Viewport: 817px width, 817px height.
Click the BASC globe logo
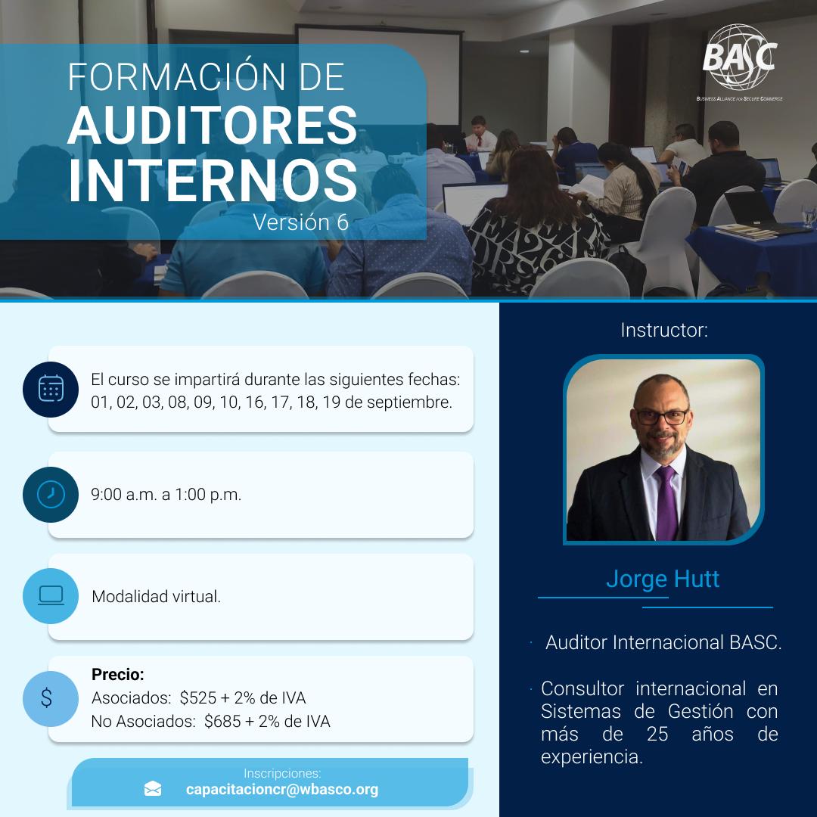tap(740, 57)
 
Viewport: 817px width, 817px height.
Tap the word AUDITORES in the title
tap(213, 126)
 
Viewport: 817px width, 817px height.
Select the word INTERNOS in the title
tap(213, 181)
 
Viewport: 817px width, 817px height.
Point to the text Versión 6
tap(300, 222)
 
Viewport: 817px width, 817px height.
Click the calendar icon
tap(51, 389)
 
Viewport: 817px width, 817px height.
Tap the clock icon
tap(51, 495)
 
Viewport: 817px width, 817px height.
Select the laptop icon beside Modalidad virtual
tap(51, 595)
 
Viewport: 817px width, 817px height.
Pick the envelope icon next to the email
tap(153, 789)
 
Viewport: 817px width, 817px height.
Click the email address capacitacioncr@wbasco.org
tap(282, 789)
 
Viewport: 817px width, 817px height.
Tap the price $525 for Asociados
tap(197, 697)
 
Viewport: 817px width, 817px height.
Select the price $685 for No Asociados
tap(222, 721)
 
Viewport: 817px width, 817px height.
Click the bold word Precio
tap(118, 674)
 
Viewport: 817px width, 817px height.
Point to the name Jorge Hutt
tap(662, 579)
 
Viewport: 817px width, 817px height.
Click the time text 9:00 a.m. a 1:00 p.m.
tap(166, 495)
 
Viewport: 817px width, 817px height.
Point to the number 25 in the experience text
tap(657, 734)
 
